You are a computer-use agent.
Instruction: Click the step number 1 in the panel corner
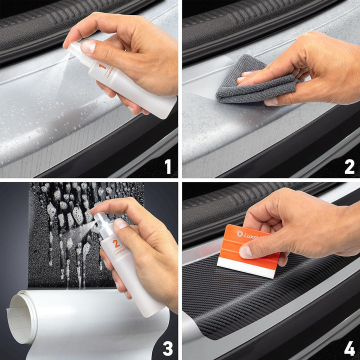(x=167, y=166)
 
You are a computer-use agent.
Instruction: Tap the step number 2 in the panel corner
(x=349, y=166)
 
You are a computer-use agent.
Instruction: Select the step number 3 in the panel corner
(x=167, y=348)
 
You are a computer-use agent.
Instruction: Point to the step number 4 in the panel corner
(x=349, y=348)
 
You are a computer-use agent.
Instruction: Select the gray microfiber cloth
(x=250, y=85)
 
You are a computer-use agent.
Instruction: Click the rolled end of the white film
(x=22, y=317)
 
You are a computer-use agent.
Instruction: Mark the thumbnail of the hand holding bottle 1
(x=88, y=47)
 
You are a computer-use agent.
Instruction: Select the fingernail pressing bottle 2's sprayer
(x=120, y=223)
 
